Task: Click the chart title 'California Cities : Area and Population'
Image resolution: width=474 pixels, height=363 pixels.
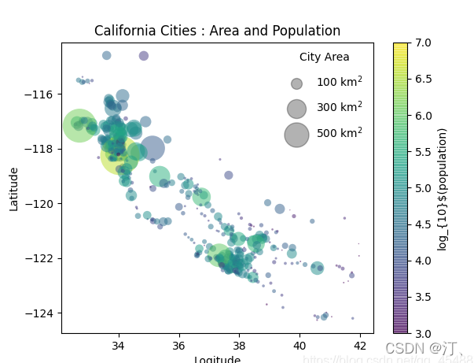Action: (x=217, y=31)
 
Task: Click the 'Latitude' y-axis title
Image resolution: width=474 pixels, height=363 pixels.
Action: (x=14, y=188)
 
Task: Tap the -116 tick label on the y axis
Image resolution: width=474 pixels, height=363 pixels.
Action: (x=40, y=94)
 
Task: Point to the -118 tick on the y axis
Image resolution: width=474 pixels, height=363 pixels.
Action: (x=40, y=149)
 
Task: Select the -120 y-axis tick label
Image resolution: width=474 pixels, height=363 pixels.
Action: (x=40, y=203)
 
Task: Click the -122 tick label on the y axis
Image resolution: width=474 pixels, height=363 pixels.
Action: (x=40, y=258)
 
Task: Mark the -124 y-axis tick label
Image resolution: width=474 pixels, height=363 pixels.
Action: (x=40, y=313)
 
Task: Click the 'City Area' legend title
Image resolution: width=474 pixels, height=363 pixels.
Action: (x=324, y=57)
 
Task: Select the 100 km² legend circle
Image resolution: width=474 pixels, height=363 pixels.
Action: (x=296, y=83)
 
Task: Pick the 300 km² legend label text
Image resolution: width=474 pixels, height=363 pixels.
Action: (x=340, y=107)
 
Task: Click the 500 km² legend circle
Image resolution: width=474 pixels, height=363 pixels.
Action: (x=296, y=135)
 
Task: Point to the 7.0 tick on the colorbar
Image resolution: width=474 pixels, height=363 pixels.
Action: (x=422, y=43)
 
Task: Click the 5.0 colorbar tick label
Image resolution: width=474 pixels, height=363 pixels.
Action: (x=422, y=187)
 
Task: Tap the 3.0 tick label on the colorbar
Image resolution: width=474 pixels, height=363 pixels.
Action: (x=422, y=333)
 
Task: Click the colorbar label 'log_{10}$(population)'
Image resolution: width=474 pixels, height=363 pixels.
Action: (x=443, y=189)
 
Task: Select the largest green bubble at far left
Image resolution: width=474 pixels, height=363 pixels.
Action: (x=79, y=125)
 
